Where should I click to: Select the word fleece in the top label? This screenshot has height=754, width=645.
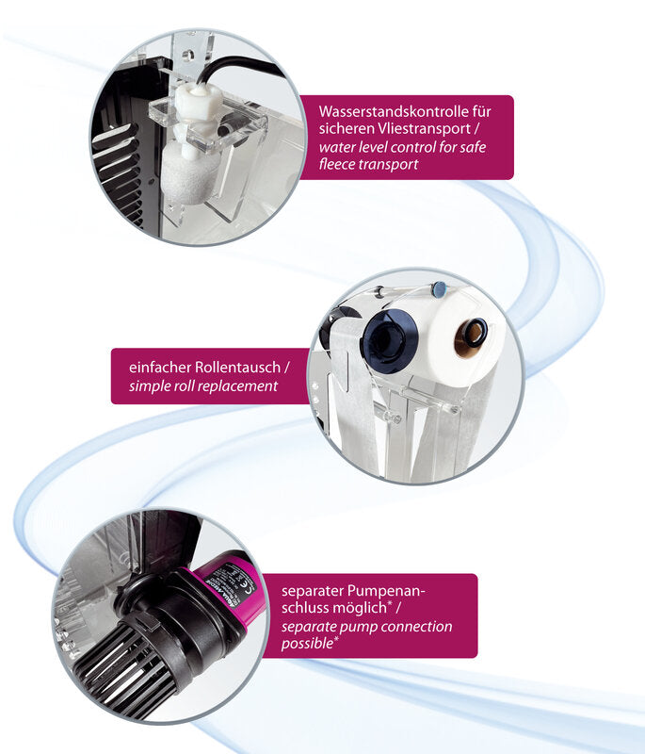click(339, 164)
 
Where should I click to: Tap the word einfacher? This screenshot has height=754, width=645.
click(160, 368)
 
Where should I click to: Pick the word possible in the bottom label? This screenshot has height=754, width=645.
click(307, 644)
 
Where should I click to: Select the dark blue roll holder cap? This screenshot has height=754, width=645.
click(389, 340)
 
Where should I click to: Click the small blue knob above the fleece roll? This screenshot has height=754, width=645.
click(439, 289)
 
